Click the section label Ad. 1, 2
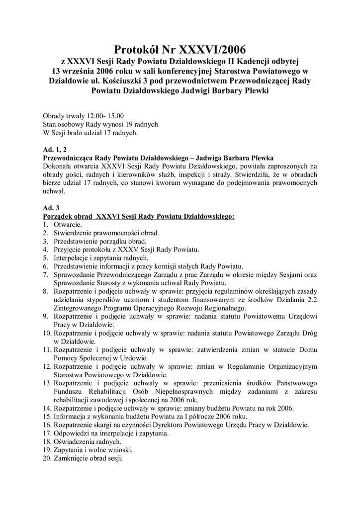pos(56,149)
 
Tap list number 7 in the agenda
pos(45,274)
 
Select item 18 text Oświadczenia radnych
pos(87,441)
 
